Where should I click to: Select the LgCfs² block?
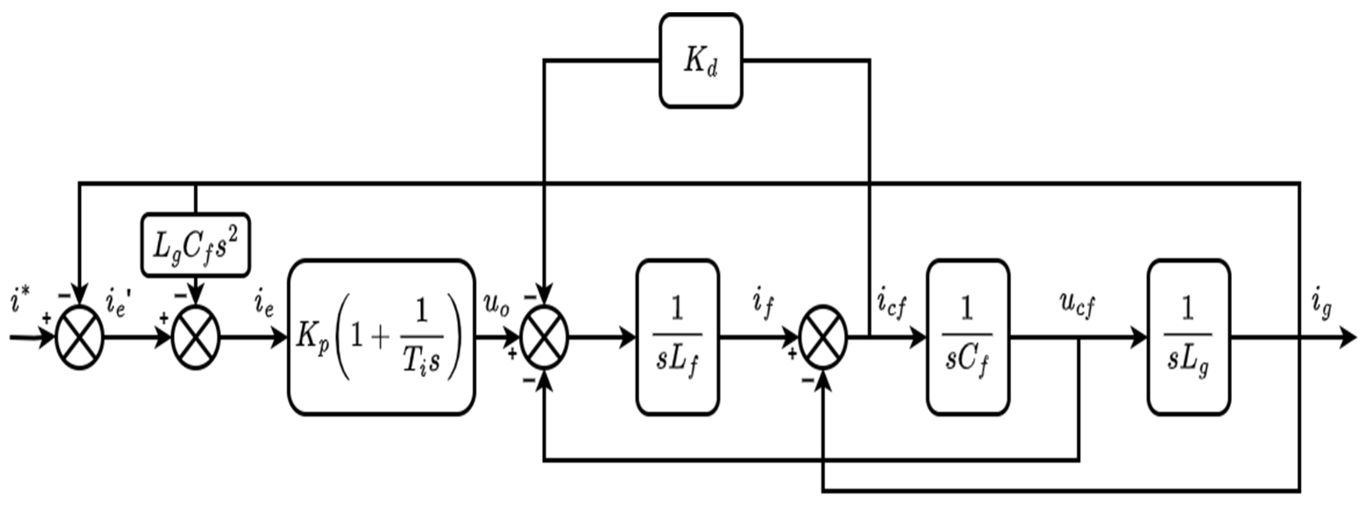tap(195, 245)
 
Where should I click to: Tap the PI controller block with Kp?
tap(381, 337)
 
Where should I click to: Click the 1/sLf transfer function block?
tap(677, 337)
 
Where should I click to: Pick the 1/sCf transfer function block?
tap(968, 337)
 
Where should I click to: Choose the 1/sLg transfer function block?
tap(1188, 337)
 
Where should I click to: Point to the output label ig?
tap(1322, 305)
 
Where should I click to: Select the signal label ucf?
tap(1077, 305)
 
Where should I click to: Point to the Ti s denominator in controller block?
tap(420, 362)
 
